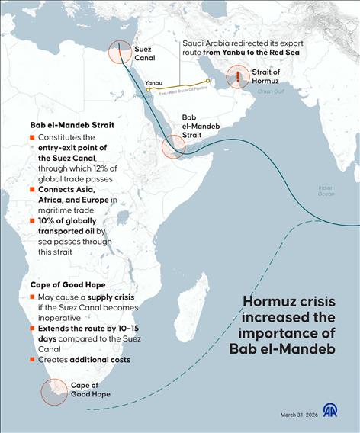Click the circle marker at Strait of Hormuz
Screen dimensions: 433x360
coord(238,76)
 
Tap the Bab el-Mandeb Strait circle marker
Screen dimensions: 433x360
coord(173,145)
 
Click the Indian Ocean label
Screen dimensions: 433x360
coord(326,191)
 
